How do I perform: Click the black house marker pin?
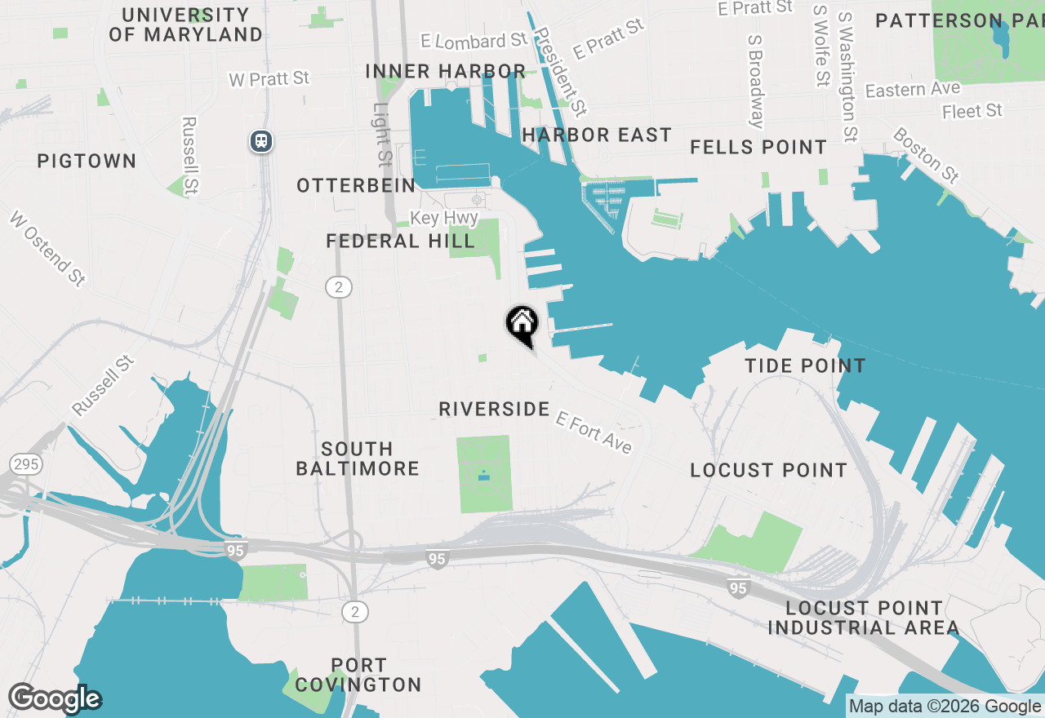[x=522, y=325]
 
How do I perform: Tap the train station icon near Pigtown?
[x=261, y=141]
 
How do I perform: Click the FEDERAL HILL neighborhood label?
[x=400, y=242]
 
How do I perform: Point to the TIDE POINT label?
[x=805, y=366]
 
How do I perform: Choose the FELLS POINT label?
[x=758, y=148]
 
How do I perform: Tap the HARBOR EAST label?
[x=597, y=135]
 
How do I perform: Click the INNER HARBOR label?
[x=445, y=71]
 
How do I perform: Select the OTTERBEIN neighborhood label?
[x=356, y=186]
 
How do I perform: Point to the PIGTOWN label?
[x=87, y=161]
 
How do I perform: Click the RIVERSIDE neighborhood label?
[x=494, y=409]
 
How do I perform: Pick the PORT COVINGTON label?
[x=359, y=675]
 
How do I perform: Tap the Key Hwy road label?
[x=444, y=219]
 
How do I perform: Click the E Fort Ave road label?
[x=594, y=432]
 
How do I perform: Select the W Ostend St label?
[x=47, y=249]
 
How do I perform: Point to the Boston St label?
[x=926, y=155]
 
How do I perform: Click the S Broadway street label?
[x=756, y=79]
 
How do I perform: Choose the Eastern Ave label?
[x=913, y=89]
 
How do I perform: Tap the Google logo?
[x=55, y=698]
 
